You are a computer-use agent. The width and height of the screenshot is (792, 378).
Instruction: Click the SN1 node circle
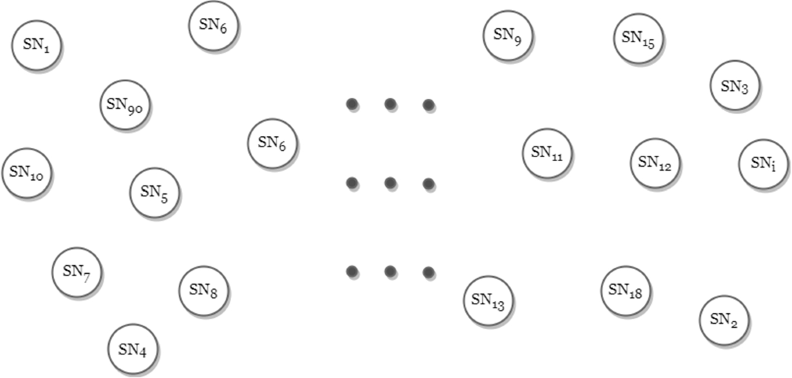click(x=36, y=45)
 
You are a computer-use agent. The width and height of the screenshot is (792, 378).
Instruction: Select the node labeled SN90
click(x=125, y=104)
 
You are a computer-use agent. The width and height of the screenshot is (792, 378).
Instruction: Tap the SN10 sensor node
click(x=27, y=173)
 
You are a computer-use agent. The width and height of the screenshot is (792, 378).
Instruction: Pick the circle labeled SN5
click(x=155, y=193)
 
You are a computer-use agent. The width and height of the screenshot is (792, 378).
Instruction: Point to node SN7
click(x=77, y=271)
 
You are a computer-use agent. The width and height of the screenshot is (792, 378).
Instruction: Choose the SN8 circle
click(x=204, y=290)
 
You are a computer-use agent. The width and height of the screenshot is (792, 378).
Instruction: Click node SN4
click(x=133, y=349)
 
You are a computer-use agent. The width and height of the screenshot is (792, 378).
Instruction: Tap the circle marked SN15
click(x=638, y=38)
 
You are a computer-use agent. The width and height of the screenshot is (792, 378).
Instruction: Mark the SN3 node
click(x=735, y=86)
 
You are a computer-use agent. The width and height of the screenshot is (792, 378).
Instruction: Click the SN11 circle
click(x=547, y=153)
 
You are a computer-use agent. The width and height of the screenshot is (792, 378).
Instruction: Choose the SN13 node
click(x=488, y=301)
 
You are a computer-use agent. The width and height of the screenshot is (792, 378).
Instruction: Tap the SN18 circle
click(x=626, y=290)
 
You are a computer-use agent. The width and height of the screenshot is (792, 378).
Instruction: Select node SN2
click(x=725, y=320)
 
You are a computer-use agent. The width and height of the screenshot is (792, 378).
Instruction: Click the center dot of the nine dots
click(x=390, y=182)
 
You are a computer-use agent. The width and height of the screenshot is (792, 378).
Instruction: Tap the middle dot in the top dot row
click(x=390, y=104)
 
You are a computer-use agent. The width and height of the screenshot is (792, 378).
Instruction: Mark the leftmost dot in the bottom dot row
click(x=352, y=271)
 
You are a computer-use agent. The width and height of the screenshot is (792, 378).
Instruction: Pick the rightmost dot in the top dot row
click(x=428, y=104)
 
